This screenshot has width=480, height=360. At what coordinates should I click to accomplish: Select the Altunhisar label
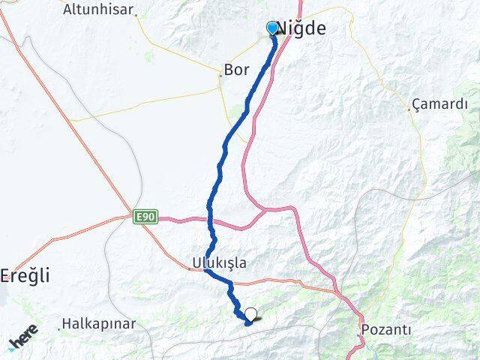[98, 10]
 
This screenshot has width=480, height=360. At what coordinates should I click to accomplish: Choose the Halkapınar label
[100, 324]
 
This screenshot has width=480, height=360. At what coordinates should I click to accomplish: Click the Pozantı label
[385, 329]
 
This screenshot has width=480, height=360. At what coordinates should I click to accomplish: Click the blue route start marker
[272, 28]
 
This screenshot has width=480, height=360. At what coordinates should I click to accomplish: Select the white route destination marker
[250, 314]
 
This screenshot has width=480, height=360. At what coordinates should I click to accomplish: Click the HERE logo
[23, 337]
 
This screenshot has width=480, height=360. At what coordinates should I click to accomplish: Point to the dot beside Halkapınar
[59, 328]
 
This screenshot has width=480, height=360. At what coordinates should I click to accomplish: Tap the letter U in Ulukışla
[190, 263]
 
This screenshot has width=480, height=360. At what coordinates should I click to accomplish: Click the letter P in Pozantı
[365, 329]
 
